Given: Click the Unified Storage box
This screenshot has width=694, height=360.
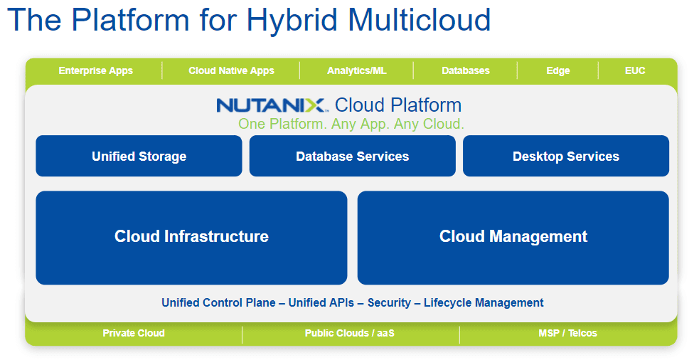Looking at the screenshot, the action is [139, 156].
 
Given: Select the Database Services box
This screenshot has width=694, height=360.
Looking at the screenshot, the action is [352, 156].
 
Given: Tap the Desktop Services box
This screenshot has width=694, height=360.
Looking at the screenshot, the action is [565, 156].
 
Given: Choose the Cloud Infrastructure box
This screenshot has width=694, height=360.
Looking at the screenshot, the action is [191, 238].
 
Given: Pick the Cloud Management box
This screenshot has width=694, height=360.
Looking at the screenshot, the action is [513, 238].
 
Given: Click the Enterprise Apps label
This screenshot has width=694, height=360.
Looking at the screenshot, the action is [95, 71].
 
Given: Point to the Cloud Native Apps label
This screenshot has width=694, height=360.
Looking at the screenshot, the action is [232, 71].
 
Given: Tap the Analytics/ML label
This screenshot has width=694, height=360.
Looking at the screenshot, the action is [357, 71].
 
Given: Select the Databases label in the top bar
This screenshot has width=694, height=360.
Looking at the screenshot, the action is [466, 71].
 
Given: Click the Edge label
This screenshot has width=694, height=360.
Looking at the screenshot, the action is [558, 71].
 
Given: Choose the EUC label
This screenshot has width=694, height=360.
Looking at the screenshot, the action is [635, 70].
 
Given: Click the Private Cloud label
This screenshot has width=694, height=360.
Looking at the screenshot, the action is [134, 333].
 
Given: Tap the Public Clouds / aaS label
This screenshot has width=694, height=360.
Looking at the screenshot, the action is [350, 333].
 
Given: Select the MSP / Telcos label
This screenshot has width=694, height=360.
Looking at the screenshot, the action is [568, 333].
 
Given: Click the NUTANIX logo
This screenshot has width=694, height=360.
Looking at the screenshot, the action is [272, 105].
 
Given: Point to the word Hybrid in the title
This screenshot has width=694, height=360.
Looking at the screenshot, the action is [292, 21].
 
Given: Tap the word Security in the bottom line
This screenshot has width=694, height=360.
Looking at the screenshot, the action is [389, 303].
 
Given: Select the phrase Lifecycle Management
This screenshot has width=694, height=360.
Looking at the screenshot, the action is [484, 303].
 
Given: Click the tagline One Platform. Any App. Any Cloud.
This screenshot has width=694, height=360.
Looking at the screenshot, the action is [351, 124].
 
